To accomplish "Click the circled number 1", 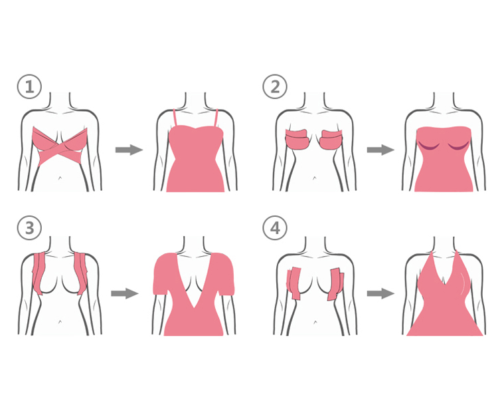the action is (29, 87).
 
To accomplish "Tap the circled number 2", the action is (275, 87).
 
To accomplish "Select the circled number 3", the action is (29, 227).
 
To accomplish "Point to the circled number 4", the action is (275, 227).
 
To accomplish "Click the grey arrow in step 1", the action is (129, 150).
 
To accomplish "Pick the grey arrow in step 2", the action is (380, 150).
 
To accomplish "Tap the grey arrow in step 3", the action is (125, 293).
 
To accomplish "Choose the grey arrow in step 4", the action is (380, 293).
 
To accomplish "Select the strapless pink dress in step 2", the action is (444, 159).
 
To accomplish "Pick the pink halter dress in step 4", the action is (445, 302).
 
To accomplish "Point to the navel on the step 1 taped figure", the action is (60, 178).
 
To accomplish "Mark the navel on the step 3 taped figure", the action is (60, 322).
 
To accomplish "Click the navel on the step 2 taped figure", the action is (315, 178).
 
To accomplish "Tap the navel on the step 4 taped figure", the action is (315, 322).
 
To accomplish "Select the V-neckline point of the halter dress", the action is (445, 285).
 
